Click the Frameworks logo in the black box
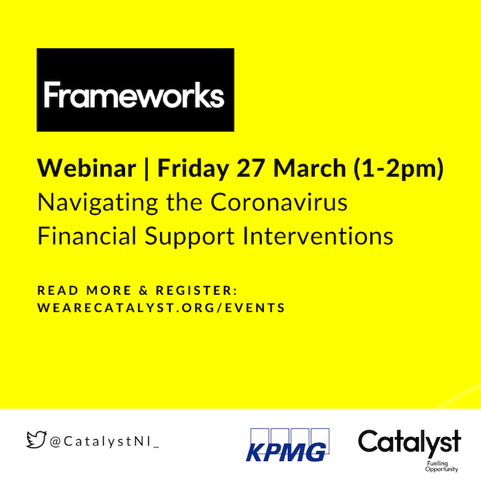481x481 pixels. click(x=135, y=90)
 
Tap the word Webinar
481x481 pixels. click(x=87, y=168)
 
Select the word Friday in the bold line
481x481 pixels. click(x=193, y=169)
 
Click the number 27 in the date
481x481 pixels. click(x=251, y=168)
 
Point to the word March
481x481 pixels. click(x=310, y=168)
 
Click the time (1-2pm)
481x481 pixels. click(x=399, y=169)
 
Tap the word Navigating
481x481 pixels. click(x=98, y=203)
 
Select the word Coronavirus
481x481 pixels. click(x=279, y=202)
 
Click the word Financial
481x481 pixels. click(x=87, y=236)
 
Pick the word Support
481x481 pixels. click(x=190, y=237)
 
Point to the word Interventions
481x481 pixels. click(x=318, y=236)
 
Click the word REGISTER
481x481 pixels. click(x=197, y=291)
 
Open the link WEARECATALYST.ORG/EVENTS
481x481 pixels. click(x=161, y=308)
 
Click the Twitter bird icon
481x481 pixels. click(x=36, y=440)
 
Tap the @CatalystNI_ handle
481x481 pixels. click(x=104, y=442)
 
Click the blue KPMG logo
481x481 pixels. click(x=287, y=445)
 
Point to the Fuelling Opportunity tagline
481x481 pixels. click(x=441, y=467)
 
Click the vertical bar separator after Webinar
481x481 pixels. click(x=146, y=169)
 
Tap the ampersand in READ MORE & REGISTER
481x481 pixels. click(x=143, y=291)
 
